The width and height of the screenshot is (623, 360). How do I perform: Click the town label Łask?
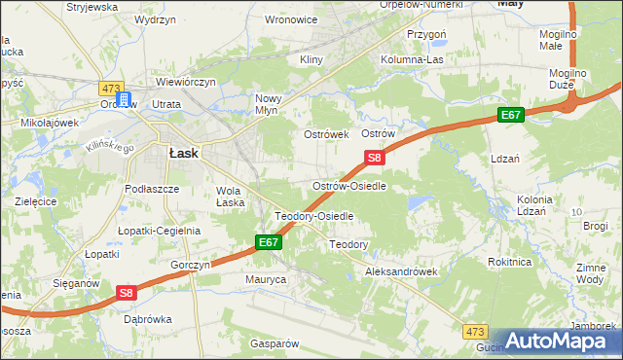tap(184, 153)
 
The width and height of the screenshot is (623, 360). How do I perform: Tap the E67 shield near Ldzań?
tap(512, 116)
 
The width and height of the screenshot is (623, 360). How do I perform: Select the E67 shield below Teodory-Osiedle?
tap(270, 242)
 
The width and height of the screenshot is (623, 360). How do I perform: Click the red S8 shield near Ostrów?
tap(376, 158)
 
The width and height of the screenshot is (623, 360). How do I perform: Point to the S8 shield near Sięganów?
tap(127, 292)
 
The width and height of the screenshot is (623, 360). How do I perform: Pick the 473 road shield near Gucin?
tap(475, 333)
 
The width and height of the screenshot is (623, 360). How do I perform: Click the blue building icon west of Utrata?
tap(124, 99)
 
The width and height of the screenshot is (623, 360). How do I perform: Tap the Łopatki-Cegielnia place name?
tap(159, 231)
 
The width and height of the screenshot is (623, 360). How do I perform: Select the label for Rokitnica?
tap(510, 262)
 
